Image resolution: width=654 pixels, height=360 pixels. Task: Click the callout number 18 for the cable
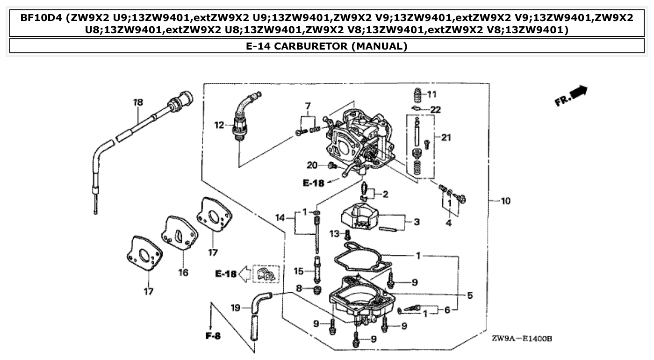(x=138, y=102)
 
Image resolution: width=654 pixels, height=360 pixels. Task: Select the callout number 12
(x=219, y=125)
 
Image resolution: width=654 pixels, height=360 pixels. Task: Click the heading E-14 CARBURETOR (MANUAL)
(x=326, y=46)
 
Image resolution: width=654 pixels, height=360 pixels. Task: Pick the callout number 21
(x=446, y=137)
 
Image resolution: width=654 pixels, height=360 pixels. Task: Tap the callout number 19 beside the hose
(x=236, y=308)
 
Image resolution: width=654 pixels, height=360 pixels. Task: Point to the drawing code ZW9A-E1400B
(x=521, y=339)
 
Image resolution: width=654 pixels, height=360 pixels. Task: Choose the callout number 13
(x=334, y=233)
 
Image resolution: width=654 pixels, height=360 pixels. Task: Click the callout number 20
(x=312, y=165)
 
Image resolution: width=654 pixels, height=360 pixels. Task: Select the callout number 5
(x=470, y=295)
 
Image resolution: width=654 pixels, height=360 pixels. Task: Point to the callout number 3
(x=416, y=221)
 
